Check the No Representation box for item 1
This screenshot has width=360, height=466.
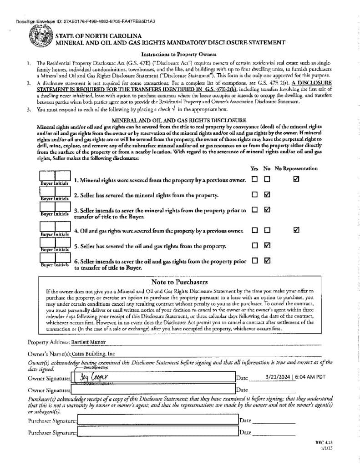pyautogui.click(x=296, y=180)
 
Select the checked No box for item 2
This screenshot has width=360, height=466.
pyautogui.click(x=267, y=195)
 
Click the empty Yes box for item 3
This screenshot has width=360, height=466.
pyautogui.click(x=254, y=210)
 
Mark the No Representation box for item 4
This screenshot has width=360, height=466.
pyautogui.click(x=296, y=230)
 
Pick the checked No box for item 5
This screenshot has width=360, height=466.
pyautogui.click(x=267, y=246)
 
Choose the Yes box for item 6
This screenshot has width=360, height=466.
pyautogui.click(x=254, y=261)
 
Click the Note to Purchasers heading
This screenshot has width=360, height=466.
pyautogui.click(x=179, y=282)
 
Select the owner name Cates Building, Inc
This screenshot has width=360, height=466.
pyautogui.click(x=93, y=353)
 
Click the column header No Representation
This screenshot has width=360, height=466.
pyautogui.click(x=296, y=168)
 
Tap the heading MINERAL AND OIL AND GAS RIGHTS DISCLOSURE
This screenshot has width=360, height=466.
pyautogui.click(x=179, y=119)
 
